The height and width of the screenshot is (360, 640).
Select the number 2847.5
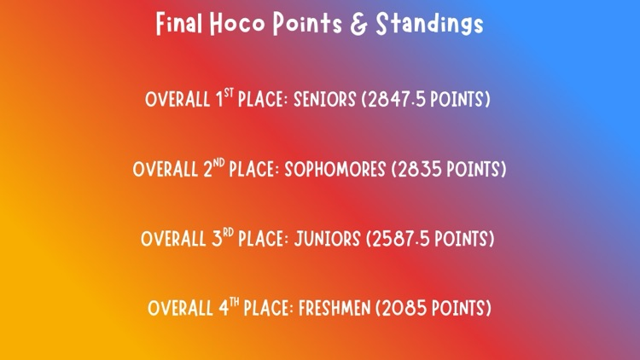399,100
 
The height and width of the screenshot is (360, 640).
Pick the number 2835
418,169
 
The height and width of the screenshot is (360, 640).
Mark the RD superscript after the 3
228,231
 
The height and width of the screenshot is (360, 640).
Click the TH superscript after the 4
235,301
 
